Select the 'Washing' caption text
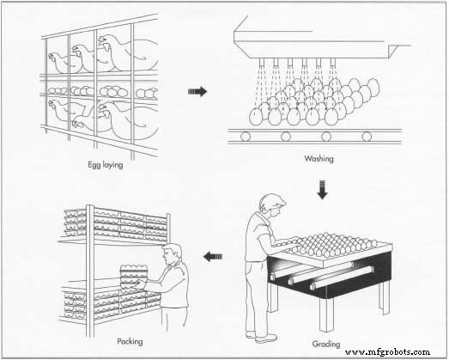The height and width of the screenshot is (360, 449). pyautogui.click(x=319, y=159)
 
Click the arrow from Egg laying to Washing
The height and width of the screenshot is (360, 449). pyautogui.click(x=197, y=91)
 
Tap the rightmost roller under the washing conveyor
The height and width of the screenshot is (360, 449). pyautogui.click(x=367, y=136)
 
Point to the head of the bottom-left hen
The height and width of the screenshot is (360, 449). pyautogui.click(x=54, y=107)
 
